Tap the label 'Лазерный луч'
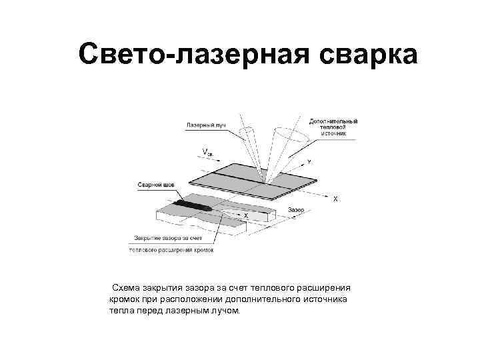[205, 125]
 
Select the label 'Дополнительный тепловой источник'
[333, 127]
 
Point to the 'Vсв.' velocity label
[209, 152]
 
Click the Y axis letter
[309, 162]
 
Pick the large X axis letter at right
[335, 199]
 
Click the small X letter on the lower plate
[246, 216]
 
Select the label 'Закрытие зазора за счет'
[171, 237]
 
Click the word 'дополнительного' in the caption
[261, 299]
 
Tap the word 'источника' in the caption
[325, 299]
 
